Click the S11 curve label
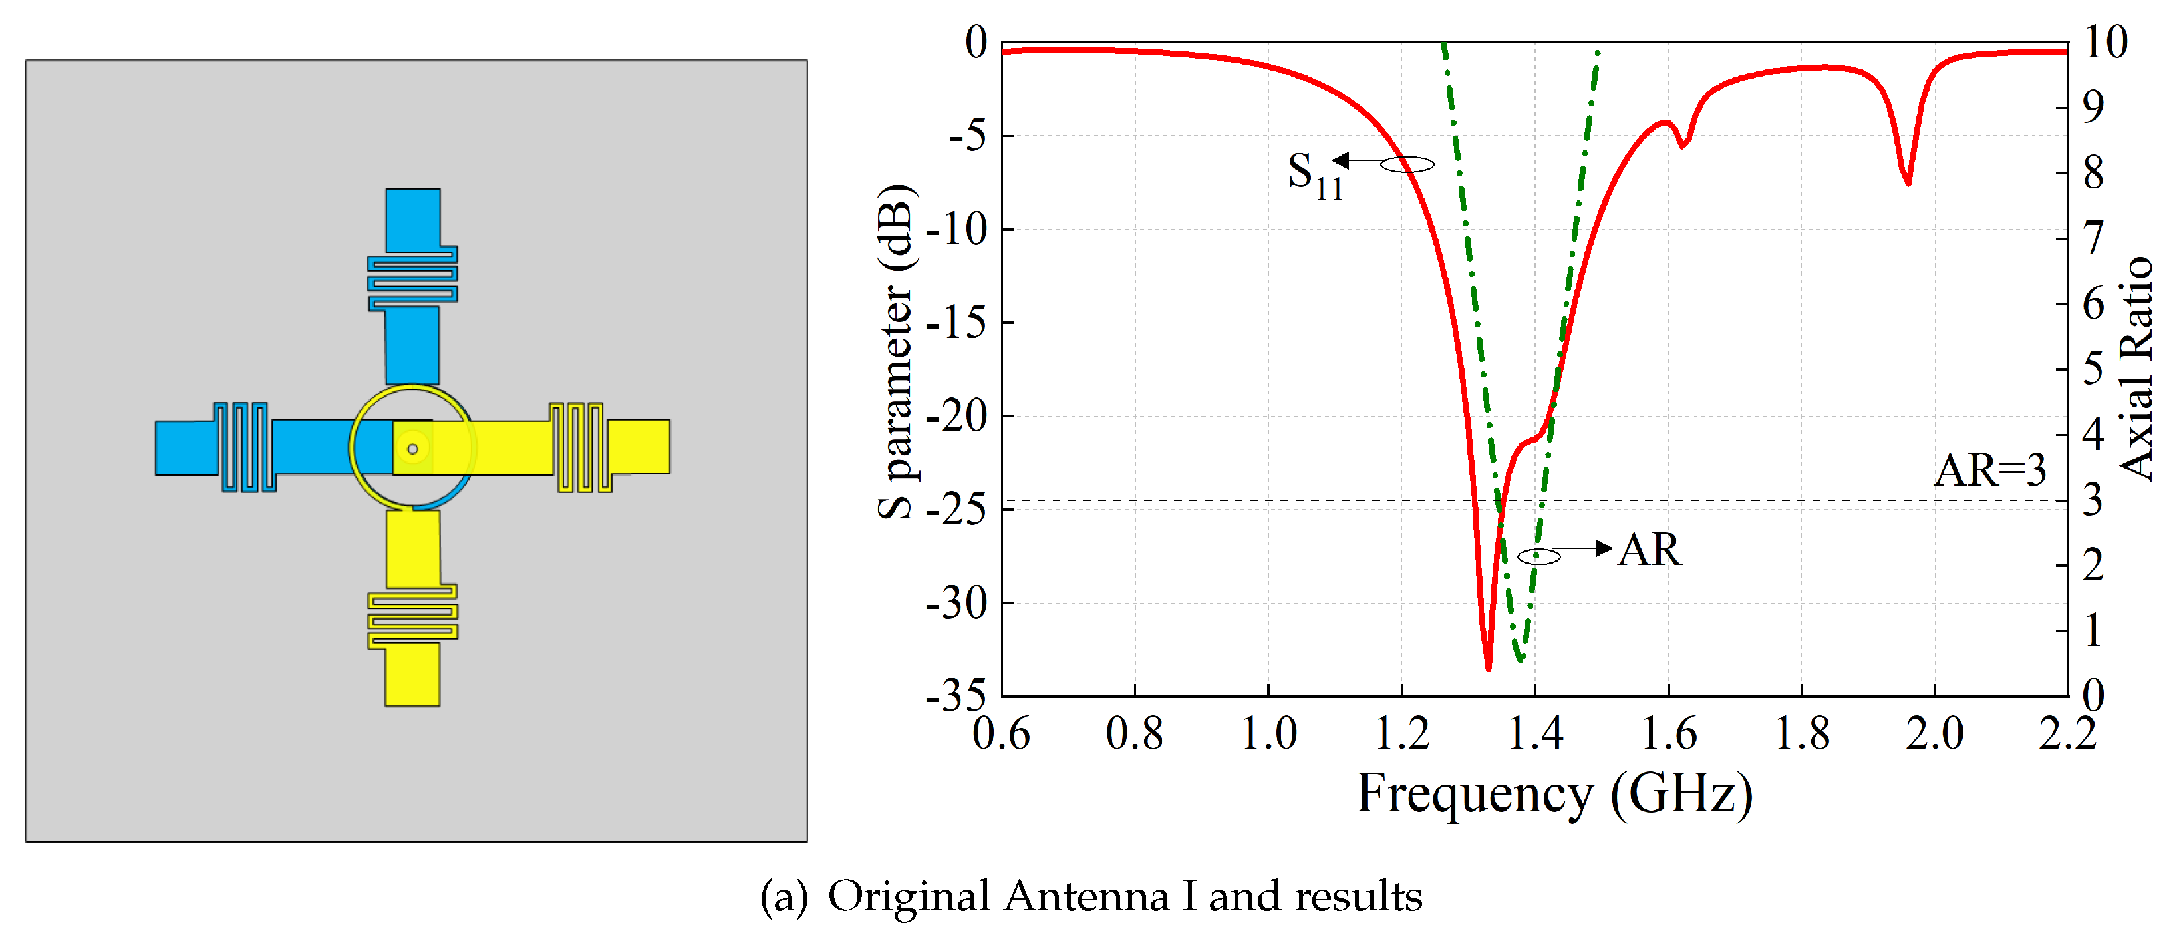pos(1314,175)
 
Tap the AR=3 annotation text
pos(1989,470)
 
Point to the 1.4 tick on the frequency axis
pos(1535,733)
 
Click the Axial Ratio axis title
pos(2135,369)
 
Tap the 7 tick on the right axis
pos(2093,238)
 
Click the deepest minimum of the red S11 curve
pos(1488,667)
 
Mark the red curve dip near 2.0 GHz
pos(1908,180)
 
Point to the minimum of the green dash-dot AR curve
pos(1520,657)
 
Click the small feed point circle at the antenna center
pos(413,449)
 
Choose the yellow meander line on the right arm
pos(580,447)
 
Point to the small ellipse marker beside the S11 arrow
pos(1407,165)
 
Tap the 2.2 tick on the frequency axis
pos(2067,733)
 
